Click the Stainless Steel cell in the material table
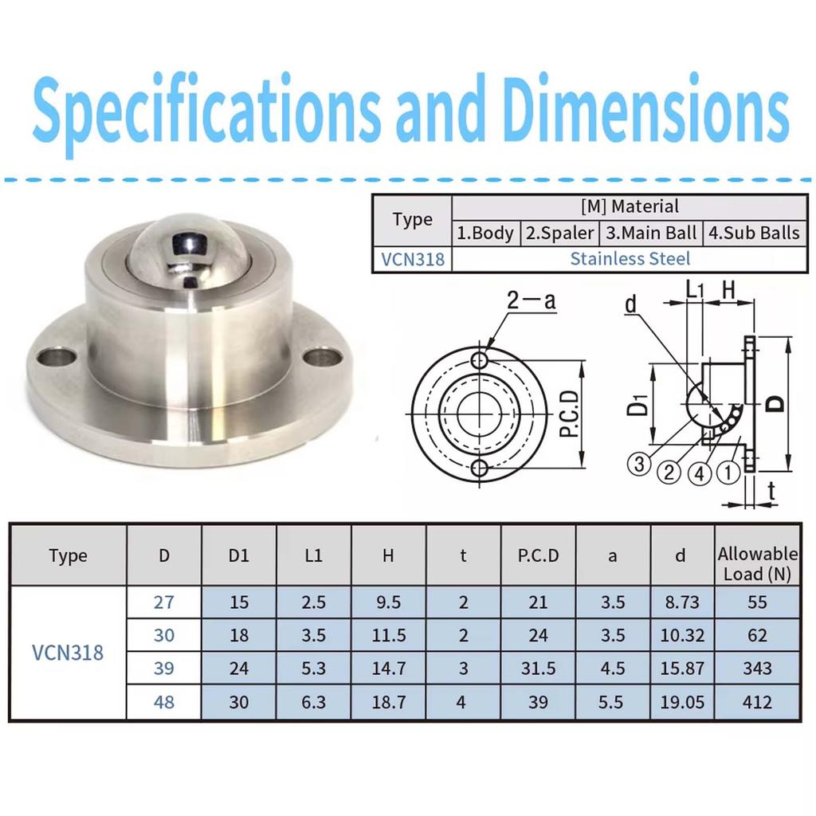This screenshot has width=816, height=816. tap(630, 258)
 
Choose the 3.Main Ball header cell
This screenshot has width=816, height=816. tap(650, 233)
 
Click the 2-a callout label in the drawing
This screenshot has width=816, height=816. tap(532, 300)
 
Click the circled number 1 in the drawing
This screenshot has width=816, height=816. tap(728, 473)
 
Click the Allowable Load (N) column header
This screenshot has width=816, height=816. tap(756, 563)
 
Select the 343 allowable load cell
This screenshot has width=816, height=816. tap(756, 668)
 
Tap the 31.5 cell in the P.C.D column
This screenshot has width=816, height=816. tap(538, 668)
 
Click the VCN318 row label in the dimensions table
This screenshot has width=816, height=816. tap(68, 652)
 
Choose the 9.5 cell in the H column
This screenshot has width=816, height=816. tap(388, 602)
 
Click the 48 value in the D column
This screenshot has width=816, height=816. tap(163, 701)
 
